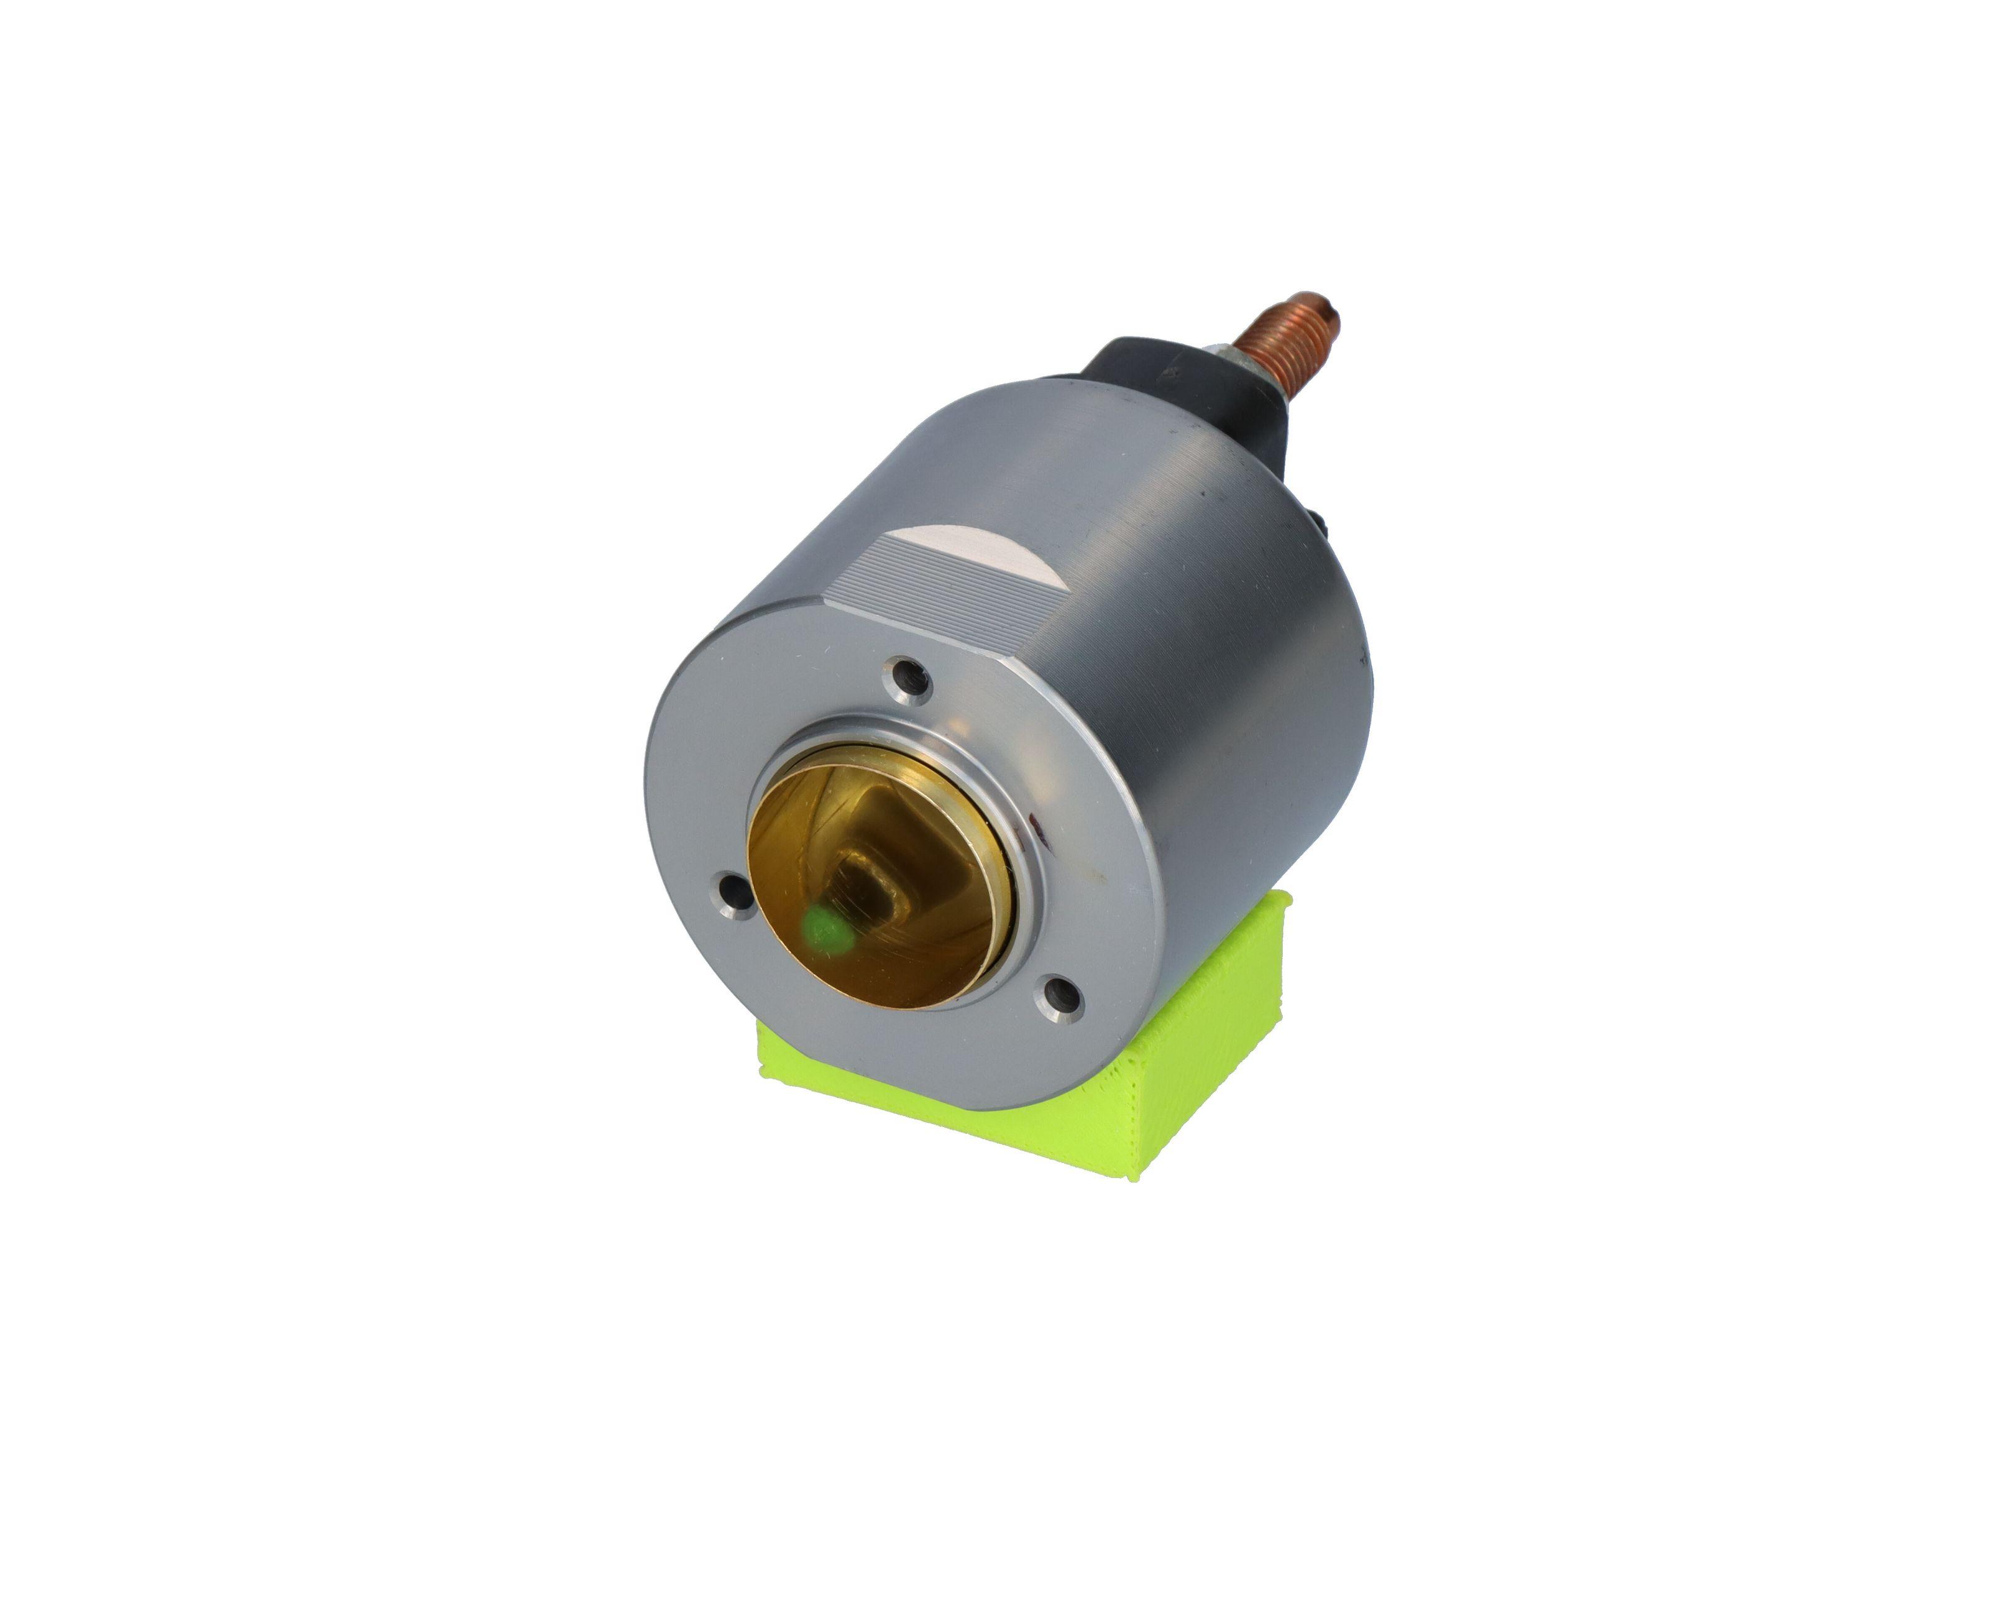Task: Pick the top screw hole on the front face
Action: [908, 678]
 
